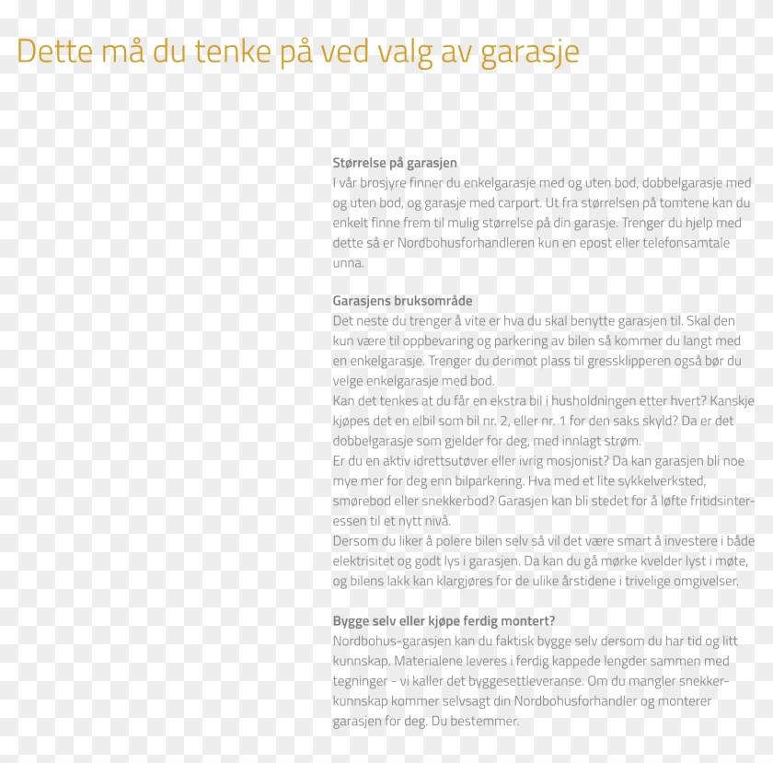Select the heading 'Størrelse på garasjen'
(x=395, y=163)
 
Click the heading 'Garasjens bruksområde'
(x=402, y=301)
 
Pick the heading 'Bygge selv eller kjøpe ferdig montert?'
(x=444, y=620)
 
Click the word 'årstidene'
(x=589, y=581)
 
